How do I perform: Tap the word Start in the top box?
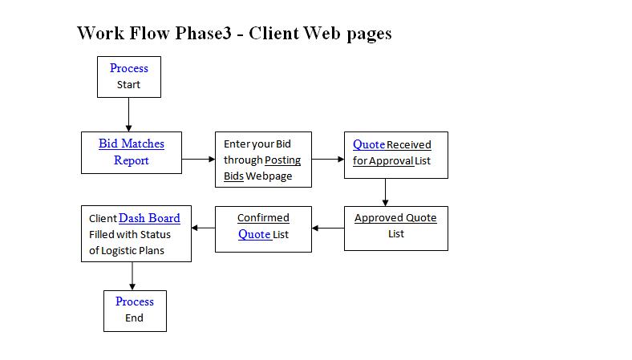[128, 85]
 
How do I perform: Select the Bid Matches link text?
[132, 144]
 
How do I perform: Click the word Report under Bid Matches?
[132, 160]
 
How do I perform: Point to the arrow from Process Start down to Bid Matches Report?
[128, 115]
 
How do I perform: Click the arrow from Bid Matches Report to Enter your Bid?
[198, 160]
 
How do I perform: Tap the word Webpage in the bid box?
[269, 176]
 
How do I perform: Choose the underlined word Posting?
[282, 160]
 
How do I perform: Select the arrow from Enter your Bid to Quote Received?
[328, 160]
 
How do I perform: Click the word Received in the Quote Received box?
[409, 145]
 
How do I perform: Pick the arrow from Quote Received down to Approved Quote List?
[385, 192]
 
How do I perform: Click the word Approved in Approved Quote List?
[379, 218]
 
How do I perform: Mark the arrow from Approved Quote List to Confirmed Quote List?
[328, 229]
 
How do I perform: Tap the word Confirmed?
[263, 218]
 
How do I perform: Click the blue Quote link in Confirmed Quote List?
[254, 234]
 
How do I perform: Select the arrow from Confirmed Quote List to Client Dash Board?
[203, 228]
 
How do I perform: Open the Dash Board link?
[149, 218]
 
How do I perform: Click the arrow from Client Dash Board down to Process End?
[132, 276]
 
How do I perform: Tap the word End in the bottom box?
[134, 318]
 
